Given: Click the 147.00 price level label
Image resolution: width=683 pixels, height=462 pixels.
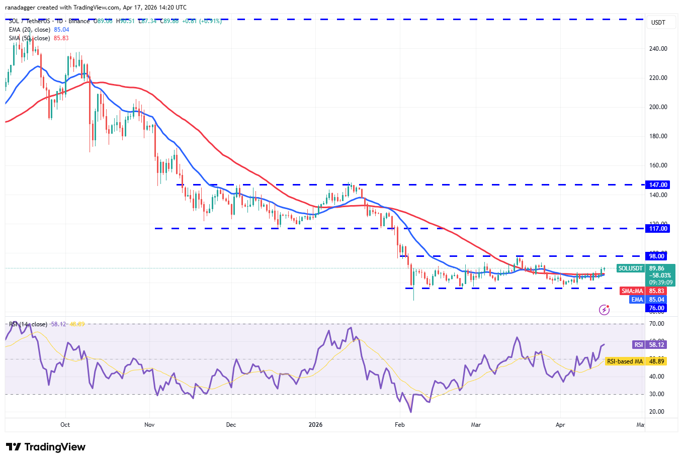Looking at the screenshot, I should [x=658, y=185].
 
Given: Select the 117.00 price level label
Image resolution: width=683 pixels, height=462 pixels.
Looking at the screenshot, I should [x=658, y=229].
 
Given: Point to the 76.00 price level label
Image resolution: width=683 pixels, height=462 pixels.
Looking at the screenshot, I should [x=656, y=308].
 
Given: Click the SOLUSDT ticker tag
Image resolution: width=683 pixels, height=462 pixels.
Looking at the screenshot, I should [x=631, y=268].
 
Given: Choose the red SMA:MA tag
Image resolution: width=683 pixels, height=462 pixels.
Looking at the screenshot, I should [x=632, y=291].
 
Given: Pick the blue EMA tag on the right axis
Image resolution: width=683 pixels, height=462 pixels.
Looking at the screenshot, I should [x=637, y=300].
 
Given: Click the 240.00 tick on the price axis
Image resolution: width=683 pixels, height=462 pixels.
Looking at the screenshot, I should [x=658, y=49].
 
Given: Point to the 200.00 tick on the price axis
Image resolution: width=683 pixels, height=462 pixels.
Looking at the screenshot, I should [x=658, y=107].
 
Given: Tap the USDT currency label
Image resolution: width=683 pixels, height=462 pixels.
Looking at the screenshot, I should [x=658, y=23].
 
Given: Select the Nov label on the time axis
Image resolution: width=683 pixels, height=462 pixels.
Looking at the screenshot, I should [x=149, y=425].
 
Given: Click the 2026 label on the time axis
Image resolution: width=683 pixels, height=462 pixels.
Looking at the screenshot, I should [x=315, y=425].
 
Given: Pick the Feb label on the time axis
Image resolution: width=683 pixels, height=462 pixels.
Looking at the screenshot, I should [x=400, y=425].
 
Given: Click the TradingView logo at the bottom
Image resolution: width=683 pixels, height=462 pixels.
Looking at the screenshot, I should [x=46, y=447].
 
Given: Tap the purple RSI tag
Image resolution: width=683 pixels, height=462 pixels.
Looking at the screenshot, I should [x=638, y=345].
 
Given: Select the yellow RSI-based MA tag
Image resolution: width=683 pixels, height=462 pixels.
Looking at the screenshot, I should [x=625, y=361].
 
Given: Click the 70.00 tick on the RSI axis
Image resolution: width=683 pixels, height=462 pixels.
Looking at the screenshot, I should [x=657, y=324].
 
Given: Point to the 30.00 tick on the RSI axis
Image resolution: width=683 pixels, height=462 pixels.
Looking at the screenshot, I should [x=657, y=394].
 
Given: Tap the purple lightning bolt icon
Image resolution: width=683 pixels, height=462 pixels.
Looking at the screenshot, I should [x=605, y=310].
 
